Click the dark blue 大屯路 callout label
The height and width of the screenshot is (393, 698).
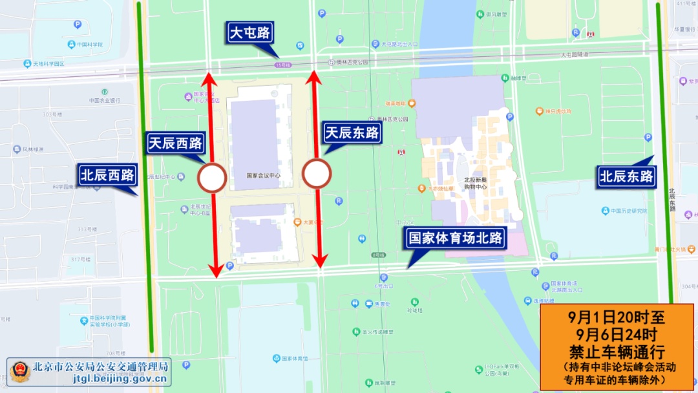point(250,32)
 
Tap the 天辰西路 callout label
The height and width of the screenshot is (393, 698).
point(175,143)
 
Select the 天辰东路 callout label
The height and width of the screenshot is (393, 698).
point(352,133)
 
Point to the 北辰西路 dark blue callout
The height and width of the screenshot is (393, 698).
point(107,175)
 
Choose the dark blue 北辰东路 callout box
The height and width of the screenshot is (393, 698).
point(626,176)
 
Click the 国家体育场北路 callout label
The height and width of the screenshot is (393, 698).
point(456,238)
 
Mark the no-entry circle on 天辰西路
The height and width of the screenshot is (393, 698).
point(212,178)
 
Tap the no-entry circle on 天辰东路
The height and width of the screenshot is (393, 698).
point(317,174)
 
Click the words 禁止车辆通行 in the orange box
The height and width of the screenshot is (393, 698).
point(617,352)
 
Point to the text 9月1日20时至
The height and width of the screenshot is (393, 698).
point(617,318)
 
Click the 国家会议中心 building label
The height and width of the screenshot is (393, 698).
point(264,176)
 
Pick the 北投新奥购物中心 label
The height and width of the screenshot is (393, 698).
point(475,183)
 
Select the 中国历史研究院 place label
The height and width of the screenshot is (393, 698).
point(624,211)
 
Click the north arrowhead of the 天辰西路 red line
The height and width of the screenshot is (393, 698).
point(208,79)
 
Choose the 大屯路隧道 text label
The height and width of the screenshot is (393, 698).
point(568,54)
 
